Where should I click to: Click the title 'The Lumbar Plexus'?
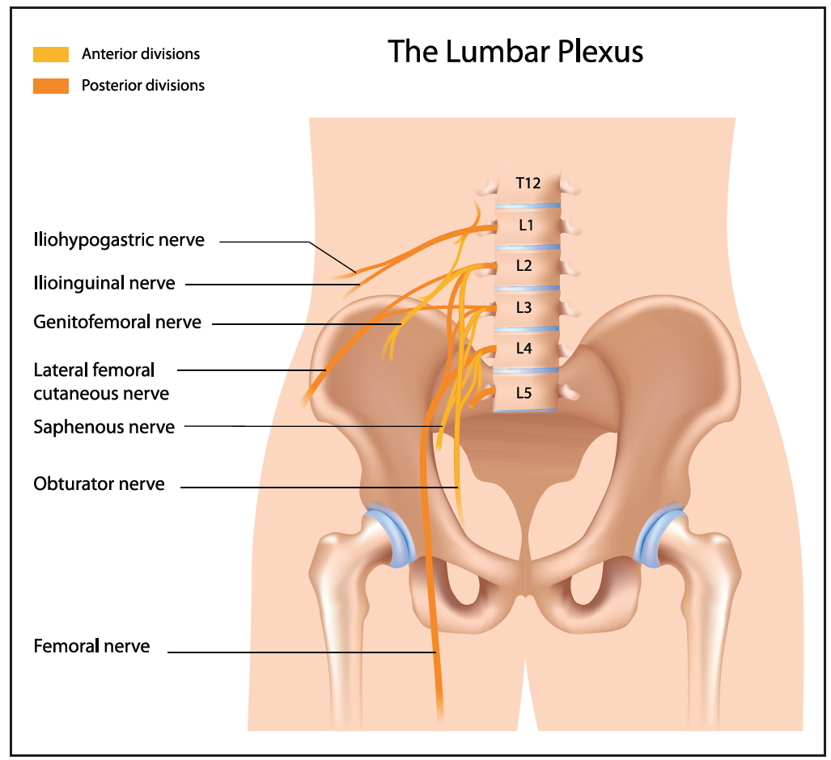pyautogui.click(x=515, y=52)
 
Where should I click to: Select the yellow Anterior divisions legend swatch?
pyautogui.click(x=51, y=55)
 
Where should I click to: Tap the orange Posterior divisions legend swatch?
pyautogui.click(x=51, y=85)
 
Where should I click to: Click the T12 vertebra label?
pyautogui.click(x=528, y=183)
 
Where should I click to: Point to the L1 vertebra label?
pyautogui.click(x=526, y=226)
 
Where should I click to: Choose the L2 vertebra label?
pyautogui.click(x=524, y=266)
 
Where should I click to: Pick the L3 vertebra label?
pyautogui.click(x=524, y=308)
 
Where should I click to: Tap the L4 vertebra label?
pyautogui.click(x=524, y=349)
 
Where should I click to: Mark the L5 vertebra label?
pyautogui.click(x=524, y=393)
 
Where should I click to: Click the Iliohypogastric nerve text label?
pyautogui.click(x=119, y=240)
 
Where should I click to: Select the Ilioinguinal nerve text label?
pyautogui.click(x=104, y=283)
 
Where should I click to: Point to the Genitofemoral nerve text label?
pyautogui.click(x=117, y=322)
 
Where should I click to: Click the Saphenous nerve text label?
pyautogui.click(x=104, y=426)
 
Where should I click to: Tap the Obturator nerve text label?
pyautogui.click(x=99, y=484)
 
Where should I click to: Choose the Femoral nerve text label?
pyautogui.click(x=91, y=646)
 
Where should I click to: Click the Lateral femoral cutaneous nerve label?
pyautogui.click(x=101, y=382)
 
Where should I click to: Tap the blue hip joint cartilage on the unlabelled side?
pyautogui.click(x=658, y=535)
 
